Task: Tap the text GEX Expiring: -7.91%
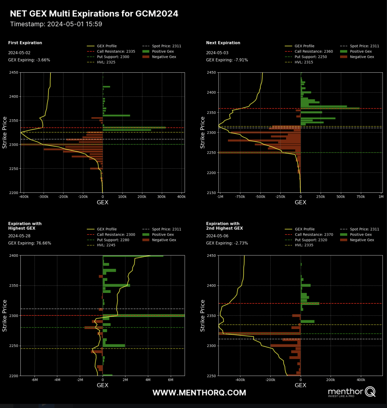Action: coord(227,60)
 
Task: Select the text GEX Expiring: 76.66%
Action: coord(29,243)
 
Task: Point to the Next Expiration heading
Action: coord(223,43)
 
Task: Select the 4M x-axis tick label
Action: coord(148,379)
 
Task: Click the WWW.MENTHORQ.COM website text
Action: coord(199,393)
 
